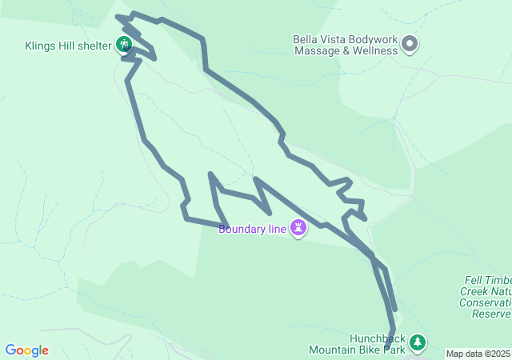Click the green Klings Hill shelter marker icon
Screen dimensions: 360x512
click(x=124, y=45)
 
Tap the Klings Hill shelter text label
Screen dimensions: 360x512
click(x=68, y=46)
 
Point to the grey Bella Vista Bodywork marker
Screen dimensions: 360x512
click(x=410, y=44)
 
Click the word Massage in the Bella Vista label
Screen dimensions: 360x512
click(x=318, y=51)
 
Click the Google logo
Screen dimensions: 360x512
click(x=26, y=350)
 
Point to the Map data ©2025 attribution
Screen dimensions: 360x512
click(x=478, y=354)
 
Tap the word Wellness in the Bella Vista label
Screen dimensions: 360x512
click(x=376, y=51)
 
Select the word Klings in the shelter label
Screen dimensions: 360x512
click(x=41, y=46)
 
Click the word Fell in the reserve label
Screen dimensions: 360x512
click(x=474, y=281)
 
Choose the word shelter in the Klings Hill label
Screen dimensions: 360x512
click(x=94, y=46)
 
